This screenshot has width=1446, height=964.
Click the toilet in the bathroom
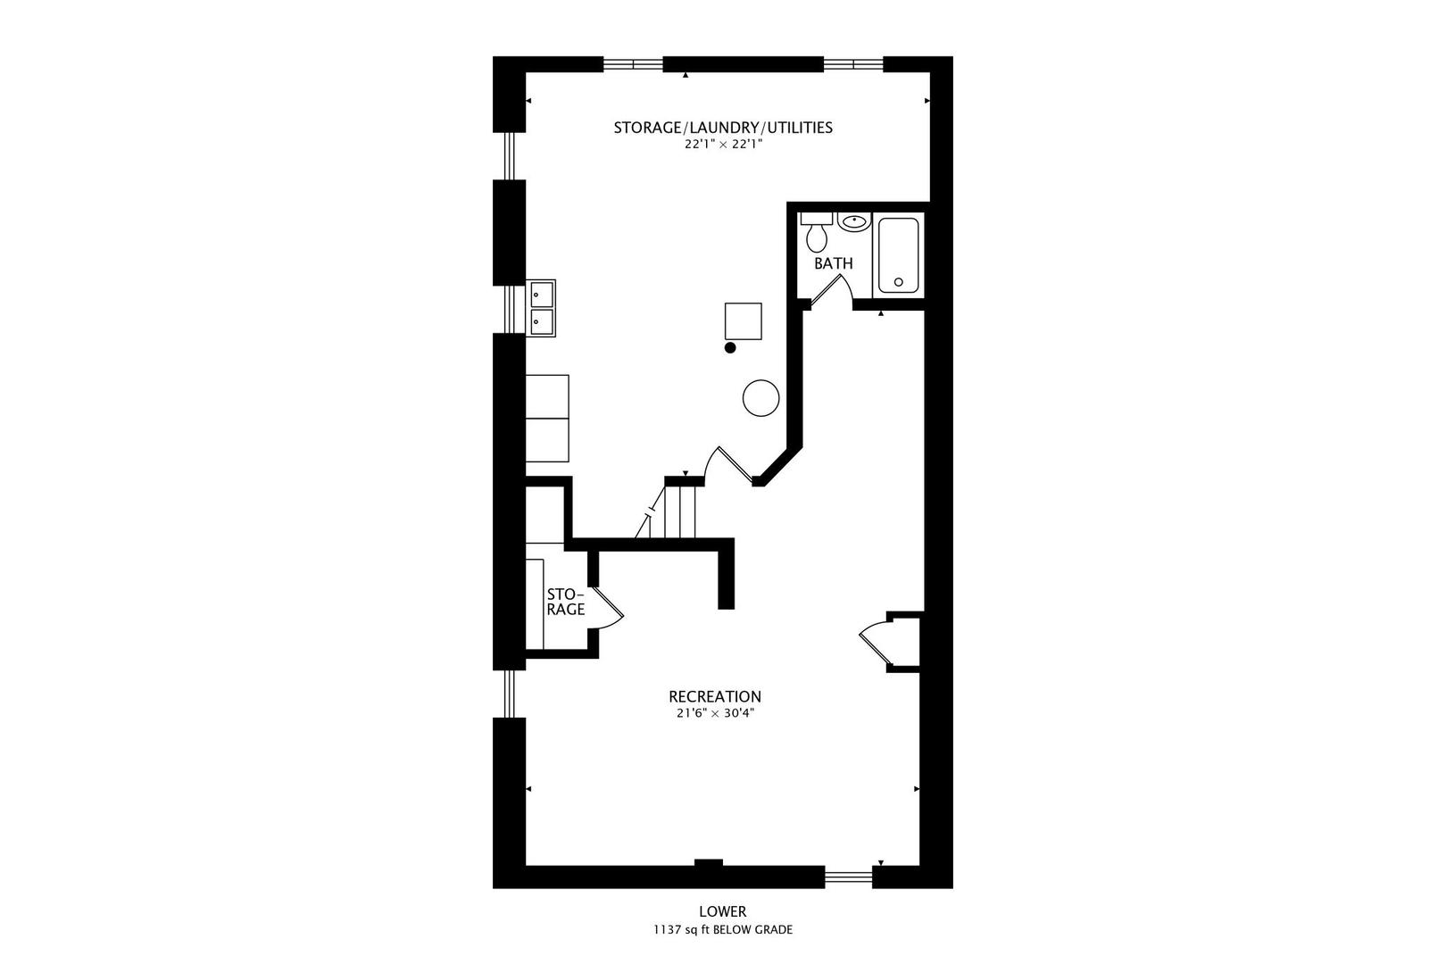tap(816, 234)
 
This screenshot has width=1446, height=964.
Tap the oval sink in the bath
tap(854, 221)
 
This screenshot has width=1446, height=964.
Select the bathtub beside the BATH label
tap(897, 255)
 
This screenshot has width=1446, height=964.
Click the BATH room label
tap(833, 264)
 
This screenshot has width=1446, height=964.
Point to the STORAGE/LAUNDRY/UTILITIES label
tap(723, 128)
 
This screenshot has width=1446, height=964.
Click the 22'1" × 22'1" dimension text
tap(723, 145)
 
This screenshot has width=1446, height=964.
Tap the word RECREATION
tap(715, 696)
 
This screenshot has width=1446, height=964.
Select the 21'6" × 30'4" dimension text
tap(715, 714)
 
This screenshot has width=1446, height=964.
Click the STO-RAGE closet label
tap(565, 602)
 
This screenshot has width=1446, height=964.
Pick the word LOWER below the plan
tap(722, 911)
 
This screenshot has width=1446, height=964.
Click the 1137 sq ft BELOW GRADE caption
tap(722, 930)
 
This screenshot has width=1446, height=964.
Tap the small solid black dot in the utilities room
tap(730, 347)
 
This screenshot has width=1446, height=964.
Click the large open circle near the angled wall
tap(761, 397)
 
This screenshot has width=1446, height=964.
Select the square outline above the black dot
tap(743, 321)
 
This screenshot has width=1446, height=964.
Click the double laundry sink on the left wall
tap(541, 307)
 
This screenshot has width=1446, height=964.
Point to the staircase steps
tap(679, 511)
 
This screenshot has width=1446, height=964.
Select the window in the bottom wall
tap(848, 877)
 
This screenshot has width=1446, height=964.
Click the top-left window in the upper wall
tap(633, 64)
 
